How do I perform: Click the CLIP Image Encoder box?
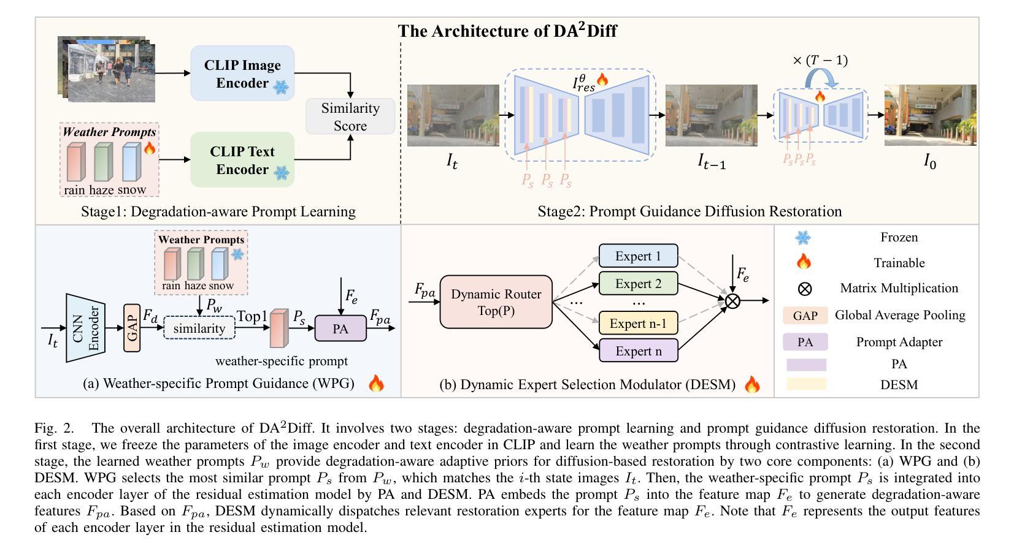(242, 74)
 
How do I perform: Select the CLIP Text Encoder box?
(242, 159)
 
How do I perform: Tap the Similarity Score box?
(350, 116)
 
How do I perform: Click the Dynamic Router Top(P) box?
(496, 302)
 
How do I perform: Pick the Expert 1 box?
(639, 256)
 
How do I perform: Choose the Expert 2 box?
(639, 284)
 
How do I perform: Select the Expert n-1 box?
(639, 323)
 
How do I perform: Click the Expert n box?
(639, 351)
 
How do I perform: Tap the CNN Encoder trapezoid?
(85, 328)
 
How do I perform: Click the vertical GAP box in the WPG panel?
(132, 328)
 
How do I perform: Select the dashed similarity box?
(199, 328)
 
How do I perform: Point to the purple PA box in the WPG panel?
(340, 328)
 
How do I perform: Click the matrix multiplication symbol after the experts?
(732, 301)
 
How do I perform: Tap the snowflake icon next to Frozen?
(804, 237)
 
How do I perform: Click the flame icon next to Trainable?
(804, 262)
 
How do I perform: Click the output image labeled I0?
(930, 115)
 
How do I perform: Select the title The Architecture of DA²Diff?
(507, 31)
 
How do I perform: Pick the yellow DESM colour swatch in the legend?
(806, 384)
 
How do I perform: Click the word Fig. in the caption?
(47, 428)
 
